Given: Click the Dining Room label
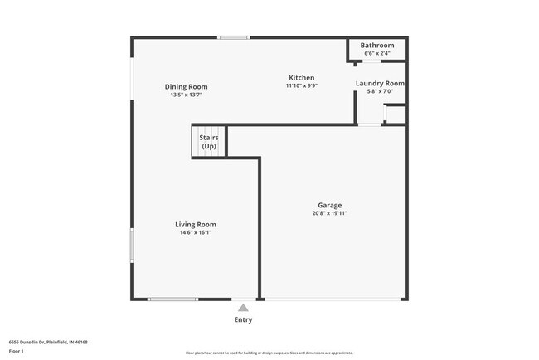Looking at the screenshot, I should point(186,86).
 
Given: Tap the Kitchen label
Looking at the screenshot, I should point(301,77).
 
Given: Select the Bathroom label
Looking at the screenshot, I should point(377,45).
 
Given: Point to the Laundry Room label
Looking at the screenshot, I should point(380,83).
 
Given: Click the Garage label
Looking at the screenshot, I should point(329,205).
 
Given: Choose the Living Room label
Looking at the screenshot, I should point(196,224).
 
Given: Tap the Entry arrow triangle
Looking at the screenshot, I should point(243,307).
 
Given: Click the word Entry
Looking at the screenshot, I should point(243,319).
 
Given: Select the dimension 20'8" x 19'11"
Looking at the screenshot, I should point(329,213).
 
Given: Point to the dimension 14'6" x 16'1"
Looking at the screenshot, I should point(196,232).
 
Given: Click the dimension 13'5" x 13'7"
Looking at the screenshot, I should point(186,95).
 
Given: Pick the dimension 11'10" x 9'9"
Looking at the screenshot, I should point(301,85).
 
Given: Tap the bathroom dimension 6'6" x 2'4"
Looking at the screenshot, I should point(377,53).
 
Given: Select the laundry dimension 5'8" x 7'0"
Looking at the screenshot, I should point(380,91).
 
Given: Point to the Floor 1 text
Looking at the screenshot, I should point(17,351).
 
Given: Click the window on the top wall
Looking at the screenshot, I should point(234,37).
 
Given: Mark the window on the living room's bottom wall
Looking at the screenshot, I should point(172,299).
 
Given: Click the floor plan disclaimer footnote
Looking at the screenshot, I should point(269,353).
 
